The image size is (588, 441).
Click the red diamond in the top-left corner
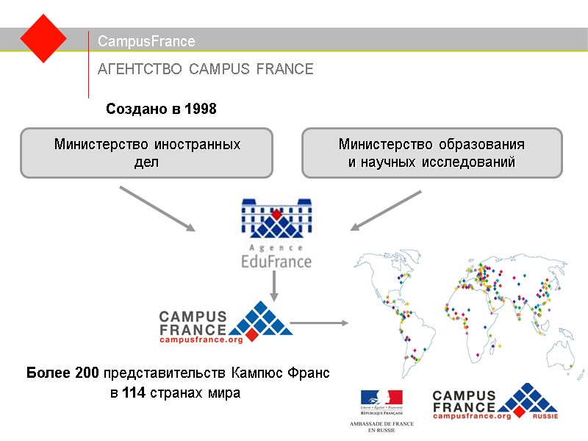pos(43,38)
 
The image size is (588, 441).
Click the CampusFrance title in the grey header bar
pos(146,41)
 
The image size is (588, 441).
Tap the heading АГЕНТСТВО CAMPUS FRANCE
pos(206,69)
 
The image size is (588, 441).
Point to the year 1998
pos(201,110)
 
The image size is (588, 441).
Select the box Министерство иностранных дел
pos(146,153)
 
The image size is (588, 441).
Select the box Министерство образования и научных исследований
pos(431,153)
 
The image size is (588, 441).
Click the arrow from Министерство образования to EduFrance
pos(386,210)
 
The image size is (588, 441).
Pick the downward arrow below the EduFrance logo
pos(274,285)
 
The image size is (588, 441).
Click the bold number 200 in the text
pos(87,373)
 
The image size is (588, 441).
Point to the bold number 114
pos(133,393)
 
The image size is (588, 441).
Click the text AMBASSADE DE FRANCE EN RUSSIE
pos(380,426)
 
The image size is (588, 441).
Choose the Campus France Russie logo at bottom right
pos(494,403)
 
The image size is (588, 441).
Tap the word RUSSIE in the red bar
pos(545,416)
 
